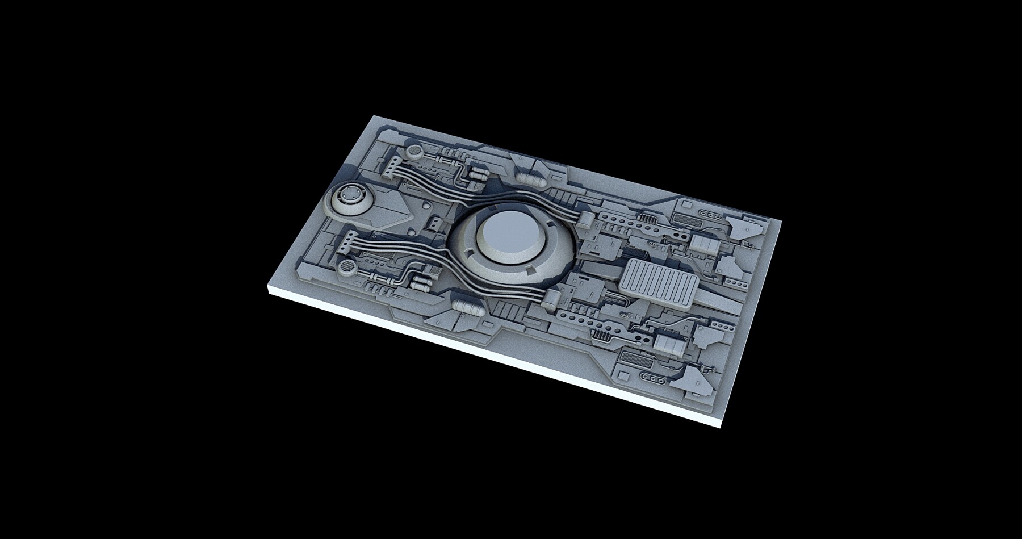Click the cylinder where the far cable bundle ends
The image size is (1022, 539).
587,216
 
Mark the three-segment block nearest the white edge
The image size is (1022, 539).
668,344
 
